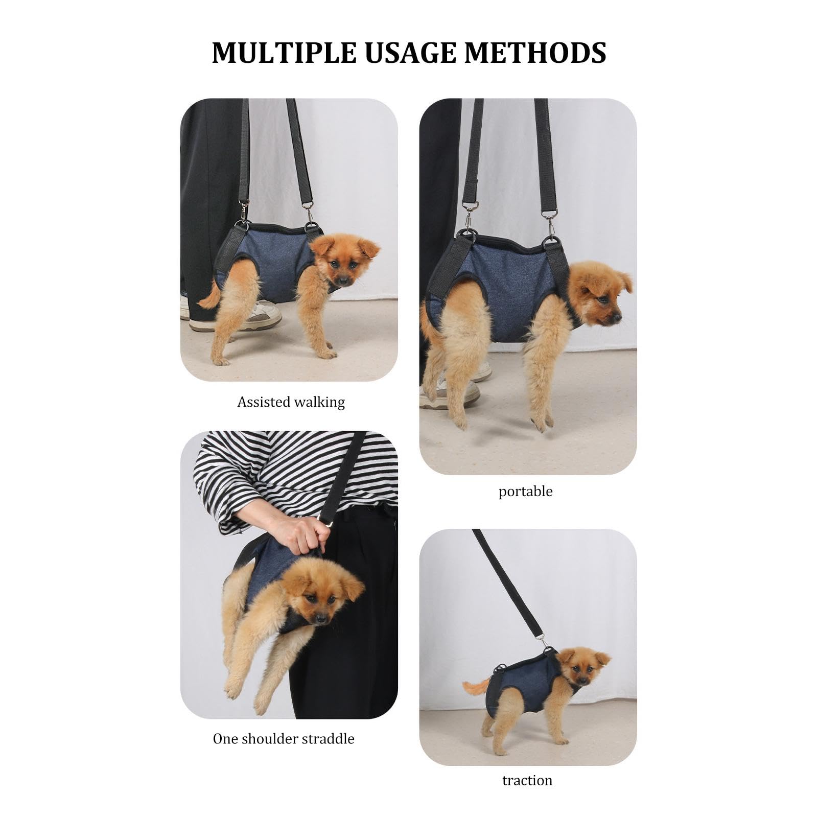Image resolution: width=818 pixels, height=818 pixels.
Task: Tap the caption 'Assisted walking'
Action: pos(291,402)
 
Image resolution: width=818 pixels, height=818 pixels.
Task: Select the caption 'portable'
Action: pos(525,492)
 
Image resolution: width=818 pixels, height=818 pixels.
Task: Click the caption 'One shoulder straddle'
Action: pos(284,739)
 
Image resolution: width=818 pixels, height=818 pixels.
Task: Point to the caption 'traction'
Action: pos(527,781)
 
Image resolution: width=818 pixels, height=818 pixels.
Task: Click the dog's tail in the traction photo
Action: pos(476,686)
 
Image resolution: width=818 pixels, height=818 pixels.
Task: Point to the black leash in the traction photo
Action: pos(506,582)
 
